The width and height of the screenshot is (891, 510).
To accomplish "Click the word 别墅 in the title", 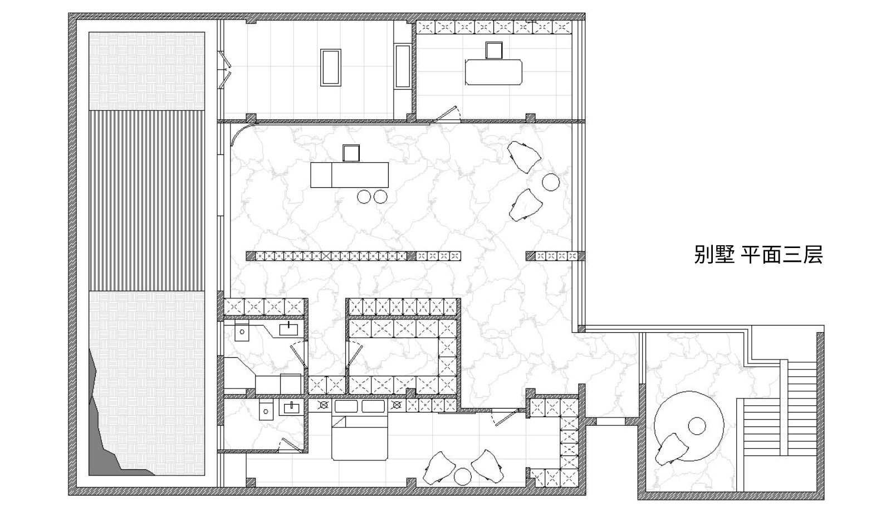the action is click(x=714, y=255).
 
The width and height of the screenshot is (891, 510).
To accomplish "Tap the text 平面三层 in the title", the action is click(x=782, y=255).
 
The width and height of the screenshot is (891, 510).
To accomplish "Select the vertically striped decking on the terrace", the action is click(x=147, y=201).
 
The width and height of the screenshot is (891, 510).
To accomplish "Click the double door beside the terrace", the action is click(x=224, y=70).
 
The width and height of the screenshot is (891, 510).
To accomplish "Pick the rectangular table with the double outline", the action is click(x=331, y=67).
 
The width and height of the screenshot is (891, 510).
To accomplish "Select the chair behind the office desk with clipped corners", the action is click(x=494, y=51).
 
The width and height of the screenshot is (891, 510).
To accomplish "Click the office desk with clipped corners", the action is click(x=493, y=72).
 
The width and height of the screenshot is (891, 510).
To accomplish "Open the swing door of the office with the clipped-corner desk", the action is click(x=446, y=114).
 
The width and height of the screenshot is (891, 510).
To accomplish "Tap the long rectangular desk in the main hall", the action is click(x=349, y=175).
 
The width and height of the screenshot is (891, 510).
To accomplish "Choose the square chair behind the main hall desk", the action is click(x=351, y=153).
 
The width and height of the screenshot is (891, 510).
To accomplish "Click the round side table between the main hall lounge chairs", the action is click(x=551, y=182).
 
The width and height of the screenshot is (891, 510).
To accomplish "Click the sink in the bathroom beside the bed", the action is click(x=292, y=407).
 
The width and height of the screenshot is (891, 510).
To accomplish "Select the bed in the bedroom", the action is click(x=360, y=436).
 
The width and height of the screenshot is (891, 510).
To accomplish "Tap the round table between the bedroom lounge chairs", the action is click(x=463, y=477).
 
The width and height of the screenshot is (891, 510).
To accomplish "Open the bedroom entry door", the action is click(x=505, y=417).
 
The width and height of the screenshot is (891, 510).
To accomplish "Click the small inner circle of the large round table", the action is click(x=697, y=426).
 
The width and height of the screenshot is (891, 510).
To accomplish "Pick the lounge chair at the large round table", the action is click(x=672, y=449).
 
